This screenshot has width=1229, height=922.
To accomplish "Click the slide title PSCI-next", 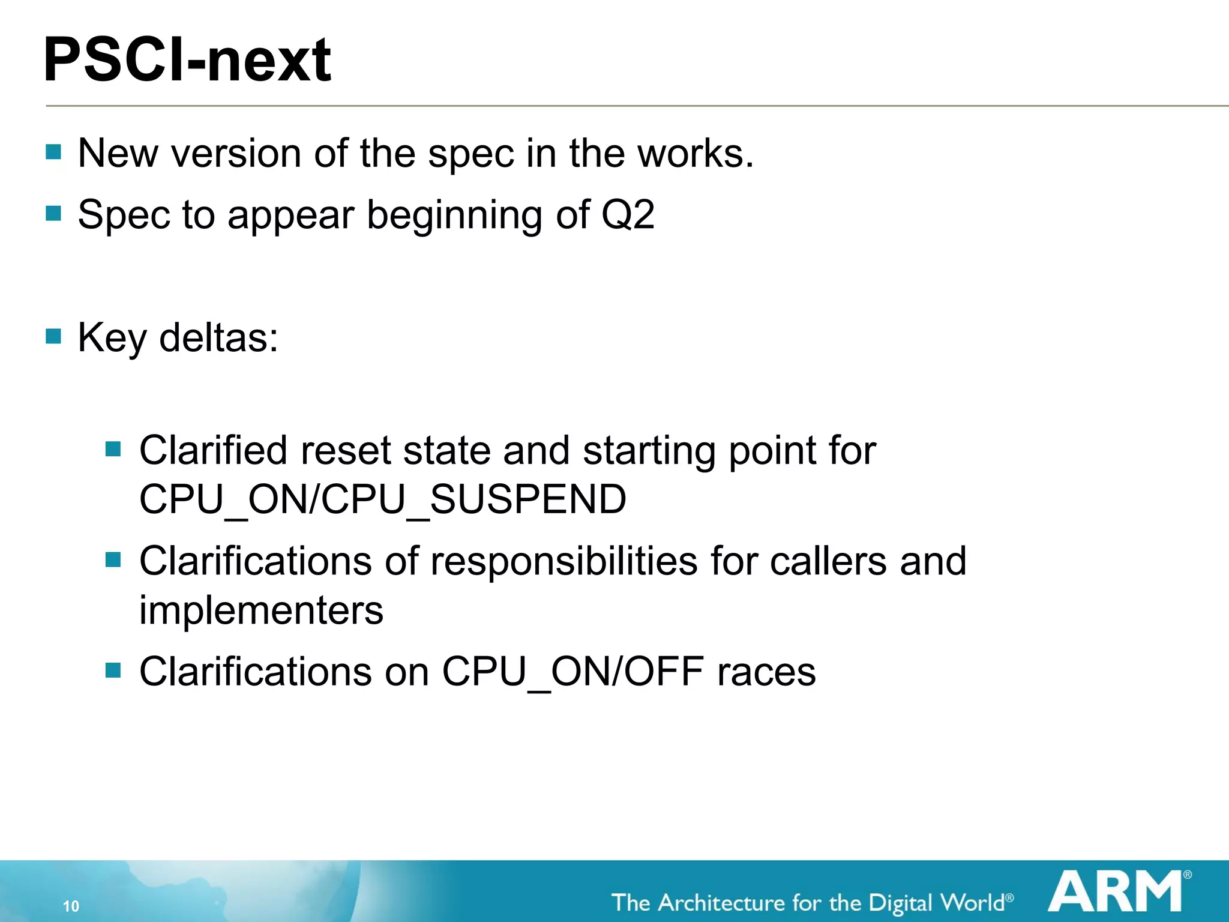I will click(x=187, y=60).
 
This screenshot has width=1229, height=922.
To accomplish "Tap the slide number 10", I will click(x=71, y=906).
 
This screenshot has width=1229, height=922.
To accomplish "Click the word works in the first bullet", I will click(x=695, y=153).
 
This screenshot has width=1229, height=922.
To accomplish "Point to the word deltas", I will click(x=218, y=337).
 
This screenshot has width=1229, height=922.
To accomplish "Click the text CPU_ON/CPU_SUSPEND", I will click(x=383, y=499).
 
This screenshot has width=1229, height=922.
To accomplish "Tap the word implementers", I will click(x=261, y=610).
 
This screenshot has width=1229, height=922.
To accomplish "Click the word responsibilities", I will click(x=564, y=561).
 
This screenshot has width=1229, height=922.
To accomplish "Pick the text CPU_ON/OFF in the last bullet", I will click(x=573, y=671).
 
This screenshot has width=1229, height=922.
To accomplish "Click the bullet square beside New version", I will click(x=53, y=151).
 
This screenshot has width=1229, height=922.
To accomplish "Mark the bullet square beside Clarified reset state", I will click(x=113, y=448).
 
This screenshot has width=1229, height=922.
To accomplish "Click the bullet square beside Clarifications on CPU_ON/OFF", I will click(x=113, y=669).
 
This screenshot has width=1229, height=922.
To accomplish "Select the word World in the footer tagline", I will click(x=972, y=903).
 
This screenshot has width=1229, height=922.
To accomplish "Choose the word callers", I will click(x=828, y=561).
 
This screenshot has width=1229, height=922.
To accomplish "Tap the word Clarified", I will click(x=214, y=450).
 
